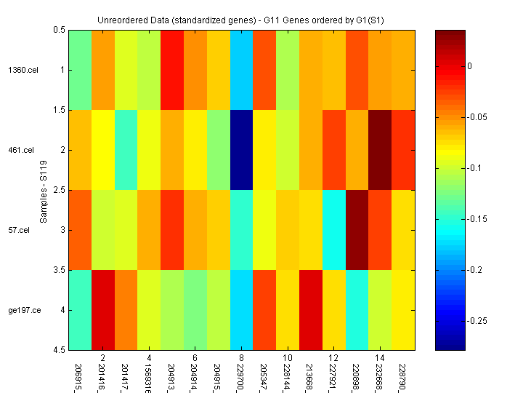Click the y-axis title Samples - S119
(x=44, y=190)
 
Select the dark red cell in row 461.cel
(x=380, y=150)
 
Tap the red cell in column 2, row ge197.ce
(x=103, y=310)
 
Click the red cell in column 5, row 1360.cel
(x=172, y=70)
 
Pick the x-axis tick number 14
(x=380, y=359)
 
